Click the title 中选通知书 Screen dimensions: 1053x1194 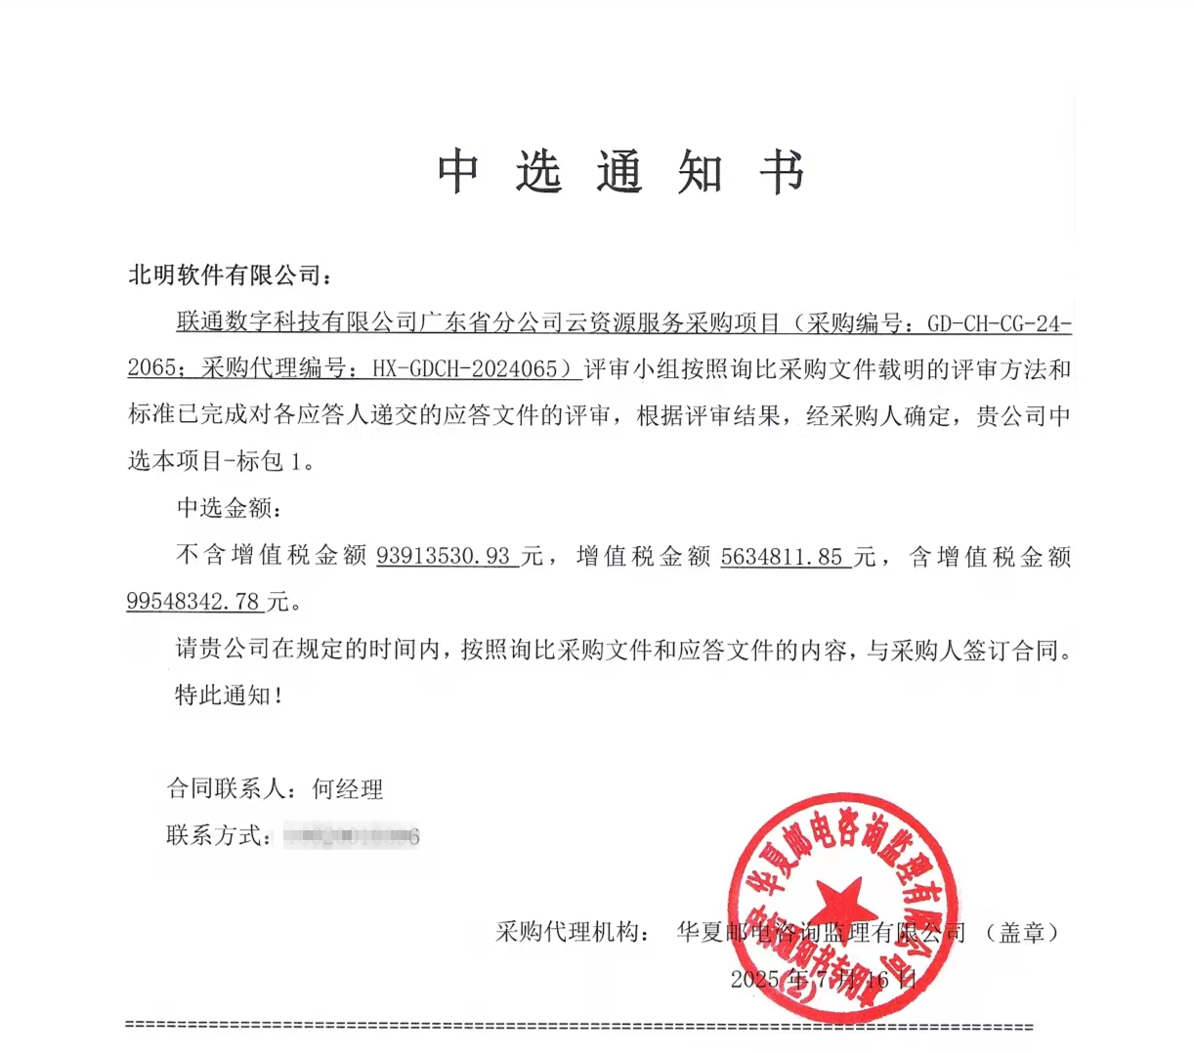(620, 173)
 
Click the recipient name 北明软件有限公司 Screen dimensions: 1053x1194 (224, 275)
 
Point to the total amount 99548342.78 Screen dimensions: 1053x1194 (193, 601)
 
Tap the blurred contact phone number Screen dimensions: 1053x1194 (351, 836)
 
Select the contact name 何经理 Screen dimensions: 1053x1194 (347, 788)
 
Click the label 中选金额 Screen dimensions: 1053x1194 (225, 508)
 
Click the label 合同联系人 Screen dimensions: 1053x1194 (227, 788)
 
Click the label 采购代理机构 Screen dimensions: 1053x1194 (570, 932)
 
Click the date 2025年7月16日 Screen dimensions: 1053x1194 (823, 980)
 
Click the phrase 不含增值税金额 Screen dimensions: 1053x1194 (271, 557)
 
